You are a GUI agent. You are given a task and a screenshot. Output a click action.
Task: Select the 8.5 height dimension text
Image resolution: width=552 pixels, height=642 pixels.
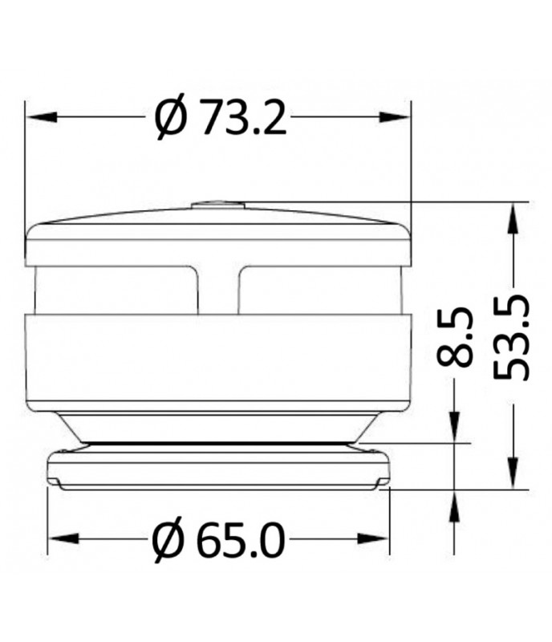point(457,340)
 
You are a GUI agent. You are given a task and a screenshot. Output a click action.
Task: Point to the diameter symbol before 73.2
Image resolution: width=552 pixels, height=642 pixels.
point(171,118)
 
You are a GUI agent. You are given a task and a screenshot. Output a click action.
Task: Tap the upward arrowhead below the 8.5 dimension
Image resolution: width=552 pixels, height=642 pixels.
point(456,502)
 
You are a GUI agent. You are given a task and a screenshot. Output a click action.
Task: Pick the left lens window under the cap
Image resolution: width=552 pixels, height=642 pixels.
point(116,290)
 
